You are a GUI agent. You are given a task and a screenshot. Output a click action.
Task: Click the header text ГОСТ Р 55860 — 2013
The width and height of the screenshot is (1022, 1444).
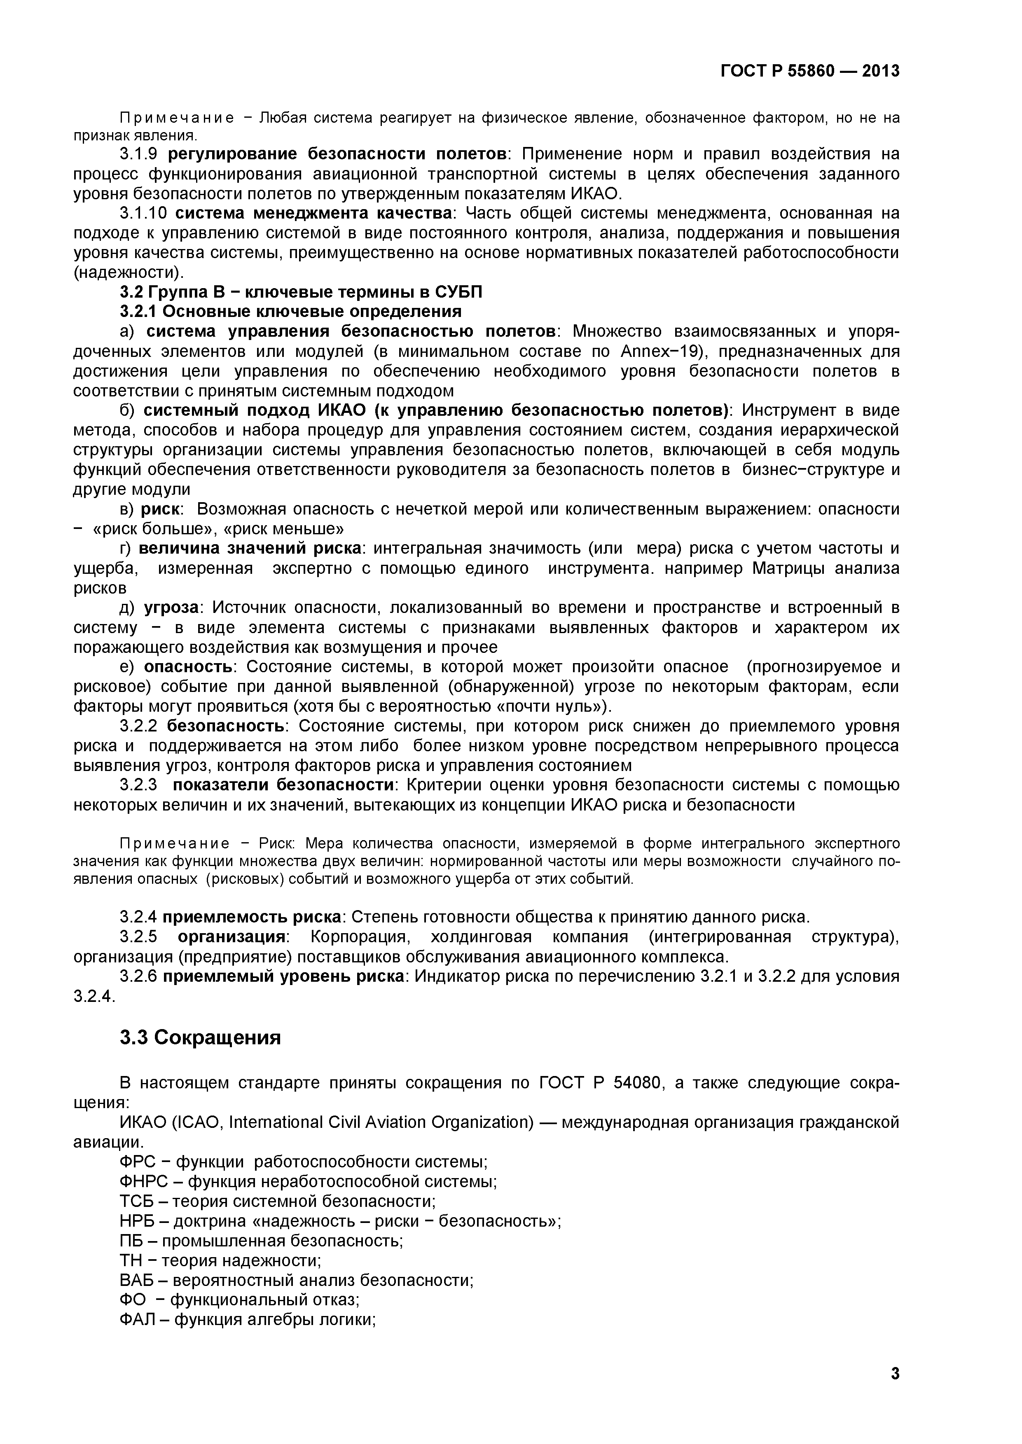810,71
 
